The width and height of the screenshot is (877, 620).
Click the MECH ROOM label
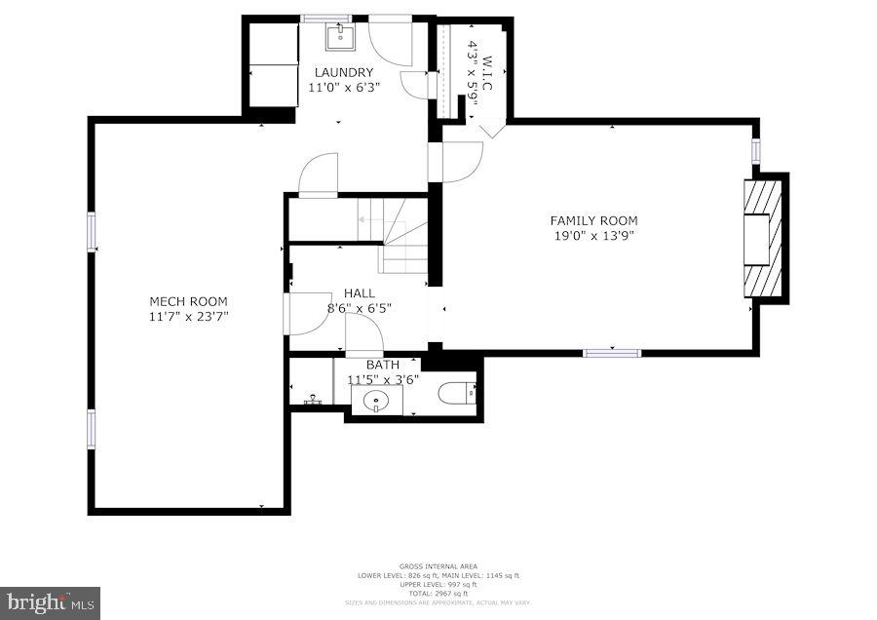coord(188,301)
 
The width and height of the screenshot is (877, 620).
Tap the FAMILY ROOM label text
coord(593,220)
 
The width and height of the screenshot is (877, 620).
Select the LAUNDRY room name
coord(343,72)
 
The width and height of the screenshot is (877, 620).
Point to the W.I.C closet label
coord(486,73)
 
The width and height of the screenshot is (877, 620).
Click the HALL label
coord(358,292)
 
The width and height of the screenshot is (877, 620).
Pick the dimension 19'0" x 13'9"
coord(593,235)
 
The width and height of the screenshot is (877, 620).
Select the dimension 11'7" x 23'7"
coord(188,316)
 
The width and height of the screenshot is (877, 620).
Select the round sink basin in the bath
coord(375,400)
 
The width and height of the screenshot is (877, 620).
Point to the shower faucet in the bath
coord(313,399)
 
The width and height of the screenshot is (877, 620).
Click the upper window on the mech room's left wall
coord(92,232)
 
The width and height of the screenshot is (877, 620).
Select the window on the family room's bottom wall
coord(612,352)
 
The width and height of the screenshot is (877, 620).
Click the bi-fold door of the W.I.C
coord(490,130)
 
